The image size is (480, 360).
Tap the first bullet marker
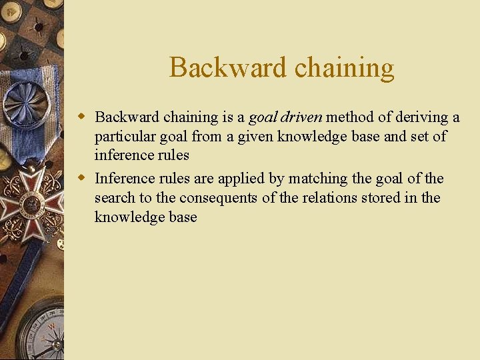[83, 117]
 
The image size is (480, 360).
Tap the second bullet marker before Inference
[83, 178]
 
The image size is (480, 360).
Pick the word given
[255, 137]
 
